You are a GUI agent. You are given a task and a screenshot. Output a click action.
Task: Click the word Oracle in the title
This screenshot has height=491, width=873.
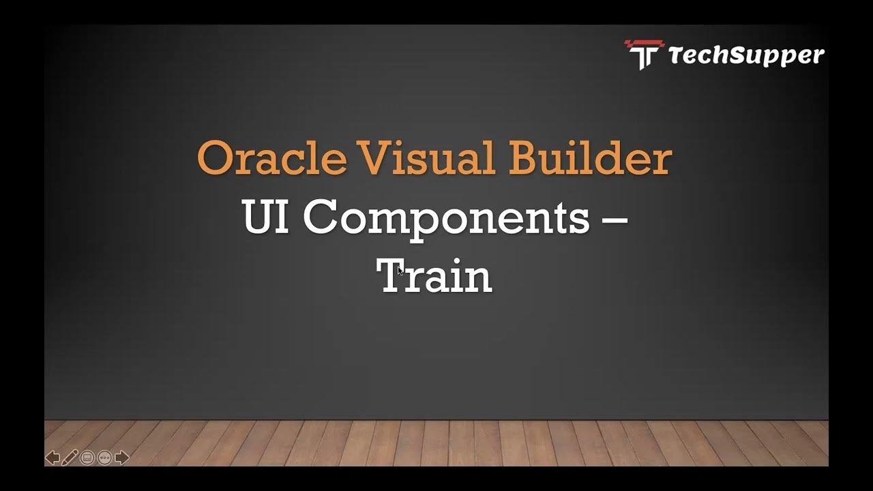tap(271, 158)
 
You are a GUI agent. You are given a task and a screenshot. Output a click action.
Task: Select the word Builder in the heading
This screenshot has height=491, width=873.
tap(590, 158)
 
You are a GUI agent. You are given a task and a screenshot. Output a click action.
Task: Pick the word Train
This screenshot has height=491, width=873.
tap(434, 277)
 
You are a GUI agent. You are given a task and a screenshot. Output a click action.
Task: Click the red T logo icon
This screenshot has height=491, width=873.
tap(644, 54)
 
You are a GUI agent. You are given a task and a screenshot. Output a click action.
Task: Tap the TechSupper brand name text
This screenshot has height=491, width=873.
tap(746, 55)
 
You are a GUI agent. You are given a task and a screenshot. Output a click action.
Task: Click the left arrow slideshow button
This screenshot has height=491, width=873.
tap(53, 458)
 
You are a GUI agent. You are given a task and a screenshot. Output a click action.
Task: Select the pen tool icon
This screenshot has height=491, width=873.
tap(70, 458)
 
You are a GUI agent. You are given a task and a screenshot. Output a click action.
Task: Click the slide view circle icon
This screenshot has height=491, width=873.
tap(87, 458)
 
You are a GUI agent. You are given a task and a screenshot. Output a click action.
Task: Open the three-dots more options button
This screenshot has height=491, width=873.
tap(104, 458)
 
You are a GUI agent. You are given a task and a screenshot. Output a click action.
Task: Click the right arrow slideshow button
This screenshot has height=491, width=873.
tap(122, 458)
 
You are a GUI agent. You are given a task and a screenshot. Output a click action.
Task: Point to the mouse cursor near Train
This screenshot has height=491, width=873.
tap(400, 271)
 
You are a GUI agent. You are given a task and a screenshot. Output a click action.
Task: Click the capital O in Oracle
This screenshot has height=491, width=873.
tap(213, 158)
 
